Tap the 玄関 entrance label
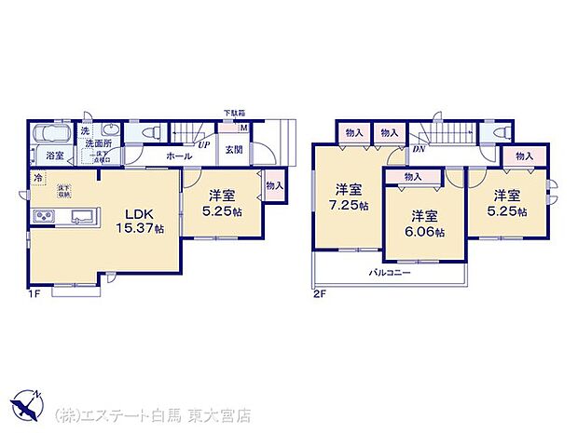point(234,149)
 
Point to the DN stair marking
point(420,148)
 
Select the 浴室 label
point(55,156)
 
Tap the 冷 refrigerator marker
point(38,177)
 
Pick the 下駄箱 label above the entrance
point(234,114)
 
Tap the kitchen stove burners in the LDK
point(45,217)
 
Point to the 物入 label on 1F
point(274,185)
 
